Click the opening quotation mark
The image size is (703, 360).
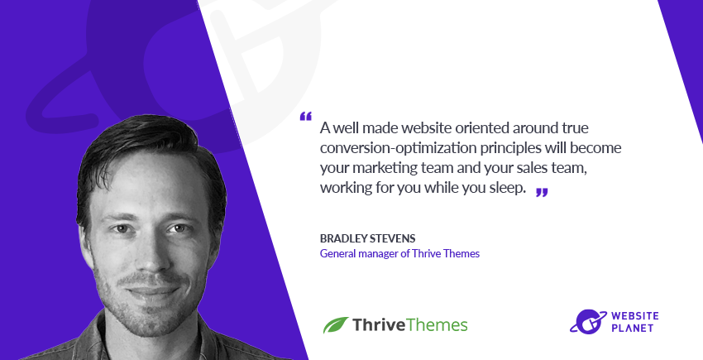point(306,116)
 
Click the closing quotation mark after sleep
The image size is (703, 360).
point(542,192)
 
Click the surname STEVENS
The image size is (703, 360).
point(404,237)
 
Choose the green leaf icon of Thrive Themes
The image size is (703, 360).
point(335,324)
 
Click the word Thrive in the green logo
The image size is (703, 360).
point(379,324)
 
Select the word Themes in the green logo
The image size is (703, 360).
point(438,324)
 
